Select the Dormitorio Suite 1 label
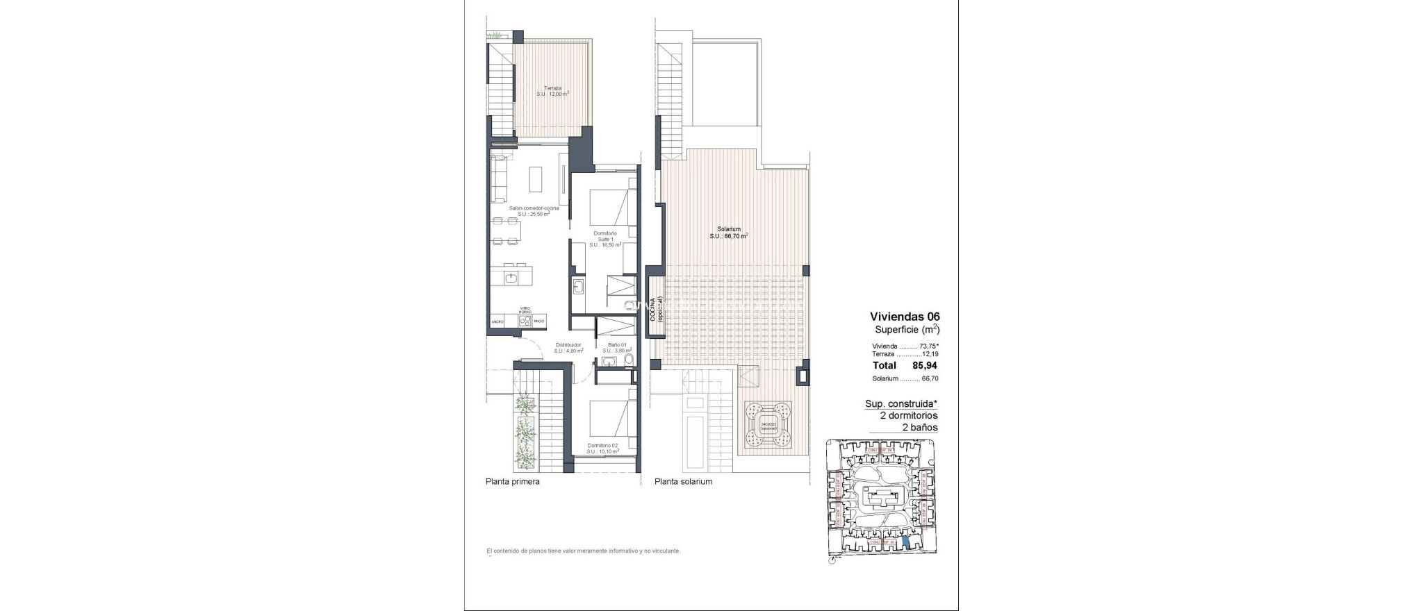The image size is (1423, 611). [x=604, y=239]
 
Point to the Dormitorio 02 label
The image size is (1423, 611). [x=602, y=449]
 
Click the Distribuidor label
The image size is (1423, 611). [x=568, y=348]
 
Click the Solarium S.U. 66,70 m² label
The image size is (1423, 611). [x=728, y=233]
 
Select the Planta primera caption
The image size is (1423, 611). [x=512, y=481]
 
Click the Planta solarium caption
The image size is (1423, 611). [x=683, y=481]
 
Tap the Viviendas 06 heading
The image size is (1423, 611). [x=904, y=317]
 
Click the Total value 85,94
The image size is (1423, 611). [x=923, y=365]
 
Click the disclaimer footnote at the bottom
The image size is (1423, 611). [x=583, y=551]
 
